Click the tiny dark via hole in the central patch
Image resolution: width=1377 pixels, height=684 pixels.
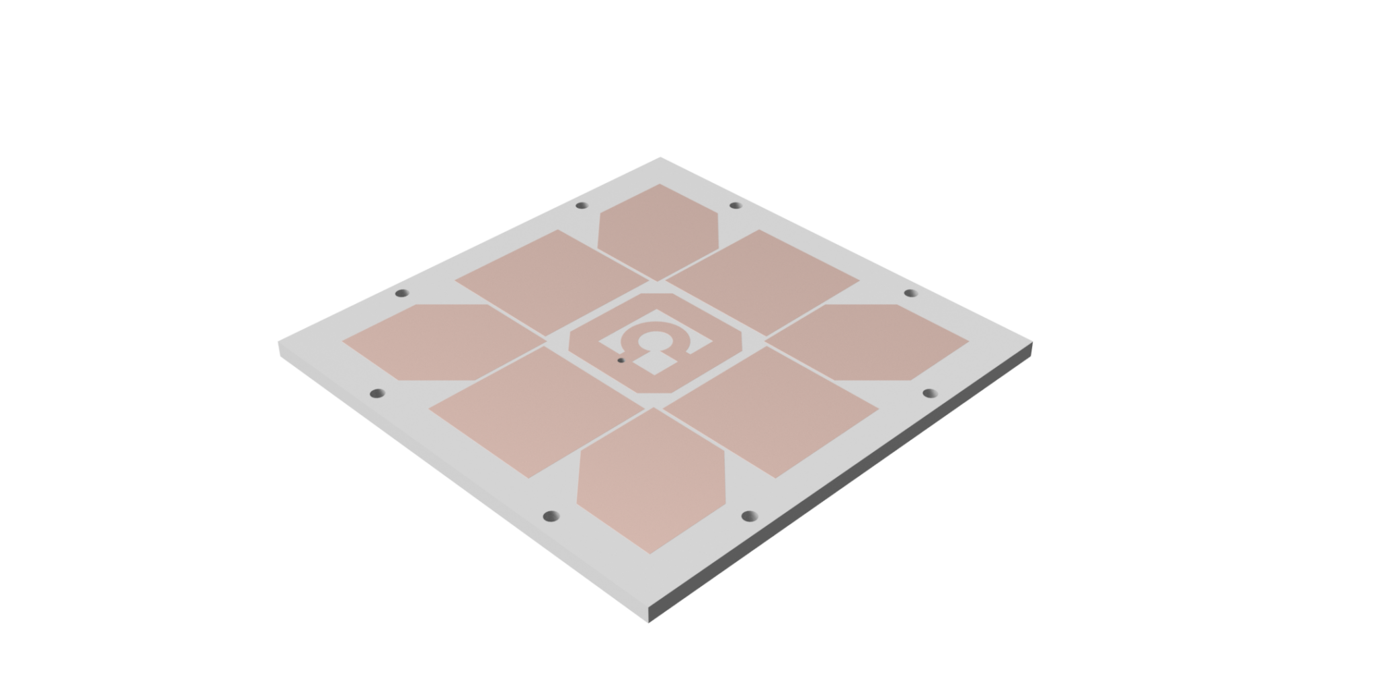[x=621, y=360]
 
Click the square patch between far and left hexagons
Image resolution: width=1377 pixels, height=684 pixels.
[x=552, y=282]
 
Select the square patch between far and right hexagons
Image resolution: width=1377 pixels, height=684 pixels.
[x=762, y=282]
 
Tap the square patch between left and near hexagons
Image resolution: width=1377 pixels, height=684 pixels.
[x=537, y=411]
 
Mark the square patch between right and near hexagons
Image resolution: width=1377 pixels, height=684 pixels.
[x=771, y=411]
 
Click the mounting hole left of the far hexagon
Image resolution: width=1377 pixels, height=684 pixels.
[x=582, y=205]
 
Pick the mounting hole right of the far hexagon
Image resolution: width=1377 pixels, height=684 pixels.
[x=736, y=205]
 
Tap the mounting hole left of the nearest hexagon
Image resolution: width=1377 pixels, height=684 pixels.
[x=551, y=517]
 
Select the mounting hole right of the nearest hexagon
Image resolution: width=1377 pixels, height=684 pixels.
[x=749, y=517]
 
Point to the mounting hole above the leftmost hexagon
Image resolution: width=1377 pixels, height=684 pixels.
[x=402, y=293]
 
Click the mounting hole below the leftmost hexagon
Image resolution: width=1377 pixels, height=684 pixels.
[x=378, y=393]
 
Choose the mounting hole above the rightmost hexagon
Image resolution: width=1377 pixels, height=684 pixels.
[x=910, y=293]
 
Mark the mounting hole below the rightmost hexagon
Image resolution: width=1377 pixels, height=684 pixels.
[x=929, y=393]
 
